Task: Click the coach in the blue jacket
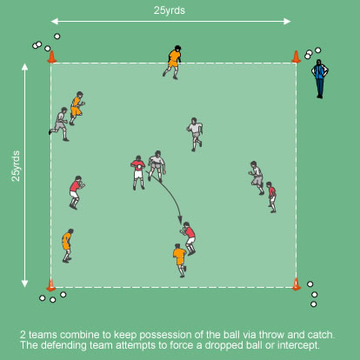tap(320, 79)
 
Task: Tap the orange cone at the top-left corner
tap(52, 57)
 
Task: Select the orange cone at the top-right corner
tap(296, 57)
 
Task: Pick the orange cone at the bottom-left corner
tap(51, 285)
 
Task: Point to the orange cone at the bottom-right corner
tap(297, 284)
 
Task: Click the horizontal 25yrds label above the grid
tap(170, 10)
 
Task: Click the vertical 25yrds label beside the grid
tap(16, 166)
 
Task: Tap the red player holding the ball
tap(138, 173)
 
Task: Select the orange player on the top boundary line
tap(173, 62)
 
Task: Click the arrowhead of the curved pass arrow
tap(180, 220)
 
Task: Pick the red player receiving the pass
tap(189, 238)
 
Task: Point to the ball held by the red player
tap(141, 167)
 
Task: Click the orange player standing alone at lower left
tap(68, 245)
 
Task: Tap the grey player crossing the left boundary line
tap(59, 124)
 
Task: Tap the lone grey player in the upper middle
tap(195, 135)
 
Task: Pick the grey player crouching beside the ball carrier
tap(157, 166)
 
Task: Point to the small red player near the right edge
tap(271, 197)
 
